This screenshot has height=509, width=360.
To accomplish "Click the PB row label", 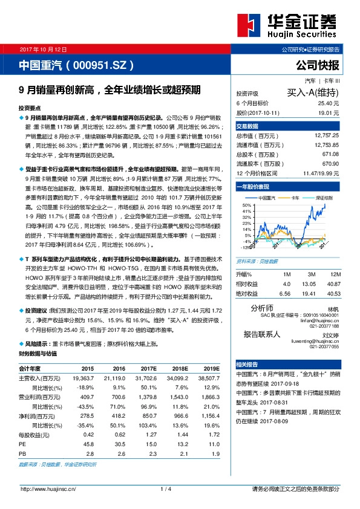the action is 22,452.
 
